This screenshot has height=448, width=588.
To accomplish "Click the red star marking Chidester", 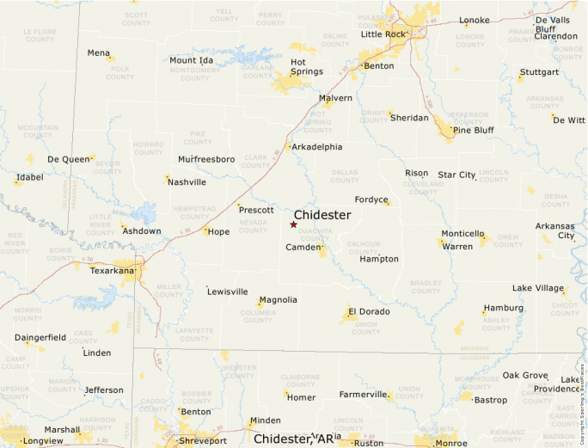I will point(293,224).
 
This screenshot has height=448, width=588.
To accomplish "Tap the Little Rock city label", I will point(383,34).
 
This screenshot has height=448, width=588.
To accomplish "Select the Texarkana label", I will point(113,271).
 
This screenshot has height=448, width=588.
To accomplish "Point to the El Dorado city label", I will point(369,311).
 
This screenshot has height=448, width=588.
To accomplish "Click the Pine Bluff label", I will point(474,130).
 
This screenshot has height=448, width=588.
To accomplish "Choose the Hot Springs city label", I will point(307,67).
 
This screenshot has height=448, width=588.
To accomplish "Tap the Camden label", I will point(303,248).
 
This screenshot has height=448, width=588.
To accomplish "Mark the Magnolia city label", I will point(278,300).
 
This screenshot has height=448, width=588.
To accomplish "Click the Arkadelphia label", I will point(317,147).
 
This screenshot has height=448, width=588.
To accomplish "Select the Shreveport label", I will point(203,440).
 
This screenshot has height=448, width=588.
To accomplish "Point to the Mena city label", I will point(99,53).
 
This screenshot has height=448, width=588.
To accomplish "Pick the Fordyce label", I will point(371,199).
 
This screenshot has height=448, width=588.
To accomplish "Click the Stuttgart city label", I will point(539,71).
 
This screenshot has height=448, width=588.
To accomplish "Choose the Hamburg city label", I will point(503,308).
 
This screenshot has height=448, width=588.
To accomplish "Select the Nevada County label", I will point(253,225).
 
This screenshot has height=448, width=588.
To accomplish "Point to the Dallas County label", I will point(345,176).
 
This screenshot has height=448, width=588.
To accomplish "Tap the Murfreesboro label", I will point(206,160).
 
